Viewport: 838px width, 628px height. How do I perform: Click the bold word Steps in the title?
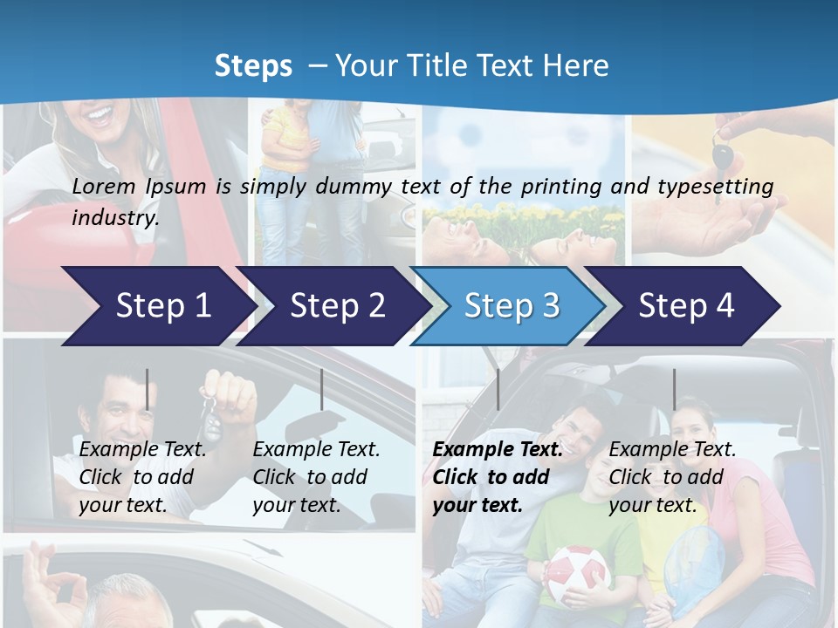tap(253, 65)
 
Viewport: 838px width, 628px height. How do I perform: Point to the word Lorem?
tap(104, 186)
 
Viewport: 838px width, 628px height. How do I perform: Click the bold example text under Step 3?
tap(496, 477)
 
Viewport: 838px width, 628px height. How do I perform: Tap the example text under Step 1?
tap(142, 477)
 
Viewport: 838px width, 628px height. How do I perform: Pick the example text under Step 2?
tap(316, 477)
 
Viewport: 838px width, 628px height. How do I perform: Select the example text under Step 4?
tap(672, 477)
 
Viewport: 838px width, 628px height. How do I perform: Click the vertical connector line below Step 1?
tap(147, 389)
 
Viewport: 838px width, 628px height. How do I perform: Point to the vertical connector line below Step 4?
tap(674, 389)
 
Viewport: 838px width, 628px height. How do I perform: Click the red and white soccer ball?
tap(576, 576)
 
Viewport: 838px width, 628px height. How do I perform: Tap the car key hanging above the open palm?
tap(724, 157)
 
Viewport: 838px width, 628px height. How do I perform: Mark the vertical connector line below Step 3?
tap(498, 389)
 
